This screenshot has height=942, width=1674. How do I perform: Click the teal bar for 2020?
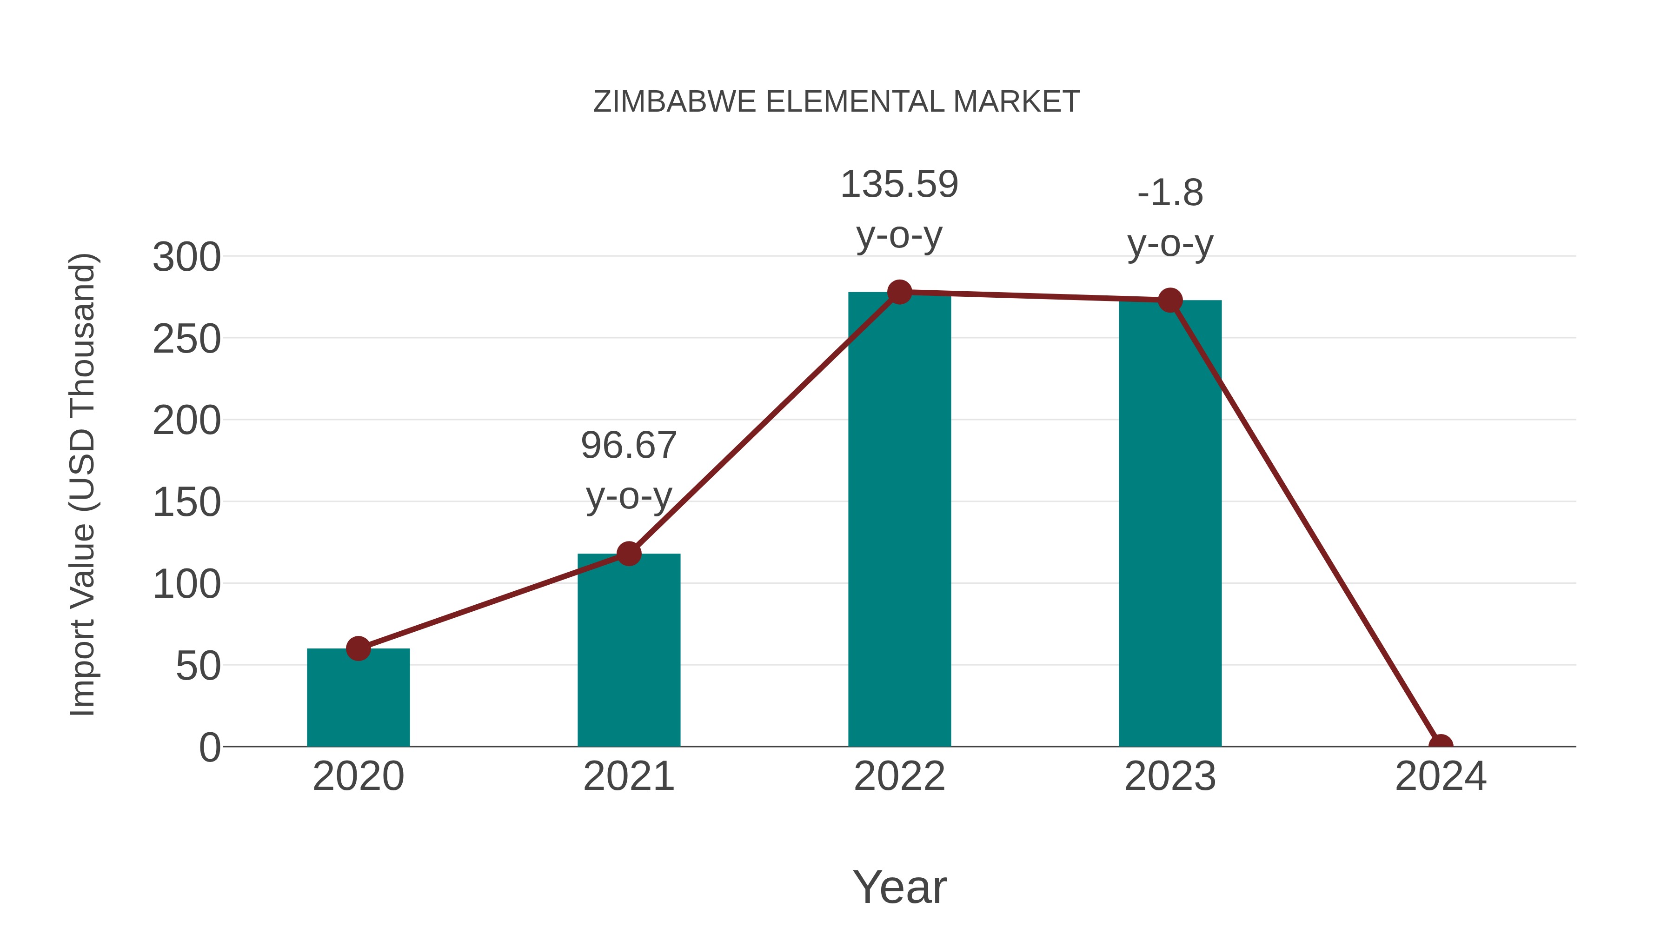(358, 699)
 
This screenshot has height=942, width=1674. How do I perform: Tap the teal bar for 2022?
(899, 520)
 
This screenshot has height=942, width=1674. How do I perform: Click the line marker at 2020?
(358, 648)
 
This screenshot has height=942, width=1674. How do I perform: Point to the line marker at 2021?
(628, 554)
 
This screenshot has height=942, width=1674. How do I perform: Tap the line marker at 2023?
(1170, 301)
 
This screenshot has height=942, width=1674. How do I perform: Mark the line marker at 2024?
(1441, 745)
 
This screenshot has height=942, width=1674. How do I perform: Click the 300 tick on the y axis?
(186, 257)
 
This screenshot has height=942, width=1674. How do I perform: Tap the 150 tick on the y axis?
(186, 502)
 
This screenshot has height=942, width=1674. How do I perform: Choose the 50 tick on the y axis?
(198, 666)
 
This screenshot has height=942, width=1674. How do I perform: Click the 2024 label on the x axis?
(1441, 776)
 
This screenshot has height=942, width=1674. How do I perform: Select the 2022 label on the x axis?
(899, 776)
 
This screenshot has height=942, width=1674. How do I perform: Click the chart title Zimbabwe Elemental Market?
(837, 102)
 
